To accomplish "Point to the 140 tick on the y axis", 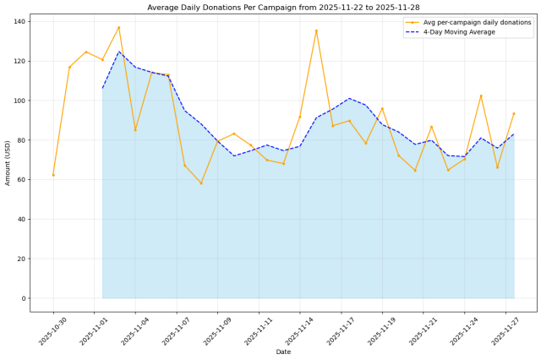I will pyautogui.click(x=18, y=21).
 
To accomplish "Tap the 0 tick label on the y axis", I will pyautogui.click(x=23, y=298).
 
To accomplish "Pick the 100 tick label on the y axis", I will pyautogui.click(x=18, y=101).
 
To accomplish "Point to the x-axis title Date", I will pyautogui.click(x=282, y=352).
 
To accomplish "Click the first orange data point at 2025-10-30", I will pyautogui.click(x=53, y=175).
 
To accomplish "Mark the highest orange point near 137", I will pyautogui.click(x=118, y=27).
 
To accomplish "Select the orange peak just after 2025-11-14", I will pyautogui.click(x=316, y=30).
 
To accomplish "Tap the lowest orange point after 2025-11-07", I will pyautogui.click(x=201, y=183).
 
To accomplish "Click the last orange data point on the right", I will pyautogui.click(x=514, y=113).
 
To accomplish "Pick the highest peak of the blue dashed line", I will pyautogui.click(x=118, y=52).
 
